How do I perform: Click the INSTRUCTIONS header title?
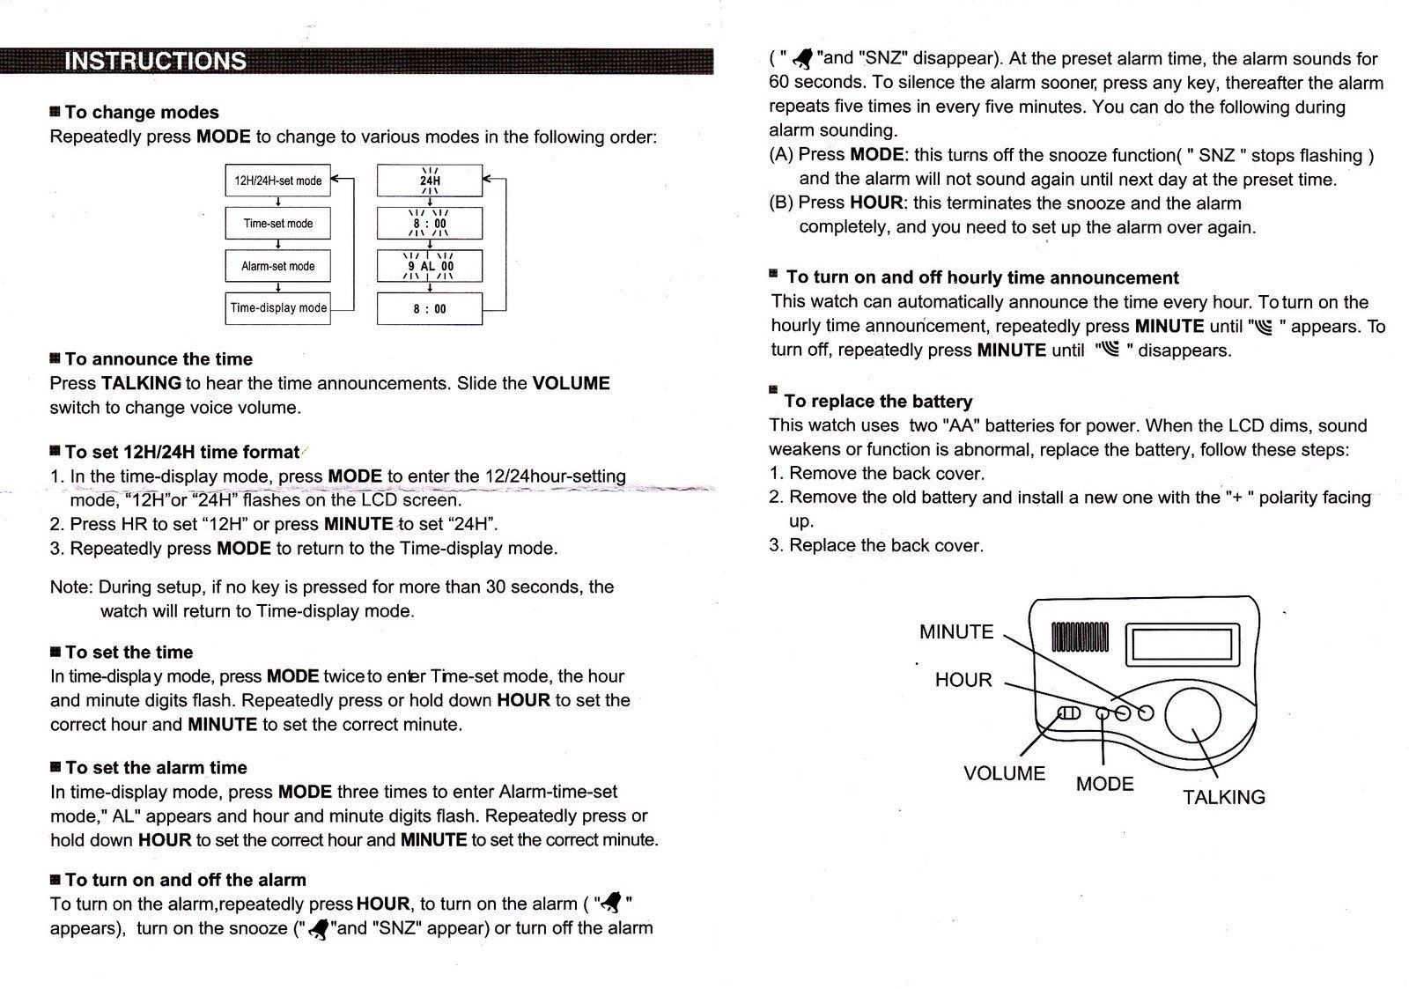coord(156,61)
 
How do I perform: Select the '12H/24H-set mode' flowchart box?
coord(277,181)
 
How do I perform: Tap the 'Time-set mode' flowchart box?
coord(277,223)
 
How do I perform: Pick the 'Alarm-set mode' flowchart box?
coord(277,266)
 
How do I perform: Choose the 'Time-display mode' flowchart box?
coord(277,308)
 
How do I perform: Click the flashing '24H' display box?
coord(430,181)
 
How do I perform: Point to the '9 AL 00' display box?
coord(430,266)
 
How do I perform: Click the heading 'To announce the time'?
coord(159,359)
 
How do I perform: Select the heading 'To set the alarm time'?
coord(156,767)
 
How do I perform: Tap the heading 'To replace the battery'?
coord(878,402)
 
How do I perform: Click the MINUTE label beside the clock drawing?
coord(956,631)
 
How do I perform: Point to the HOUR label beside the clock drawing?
coord(963,680)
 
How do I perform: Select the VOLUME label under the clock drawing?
coord(1004,773)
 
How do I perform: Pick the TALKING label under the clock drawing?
coord(1223,797)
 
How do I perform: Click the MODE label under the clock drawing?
coord(1104,784)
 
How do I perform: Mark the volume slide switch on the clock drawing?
coord(1068,712)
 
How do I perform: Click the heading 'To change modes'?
coord(142,113)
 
